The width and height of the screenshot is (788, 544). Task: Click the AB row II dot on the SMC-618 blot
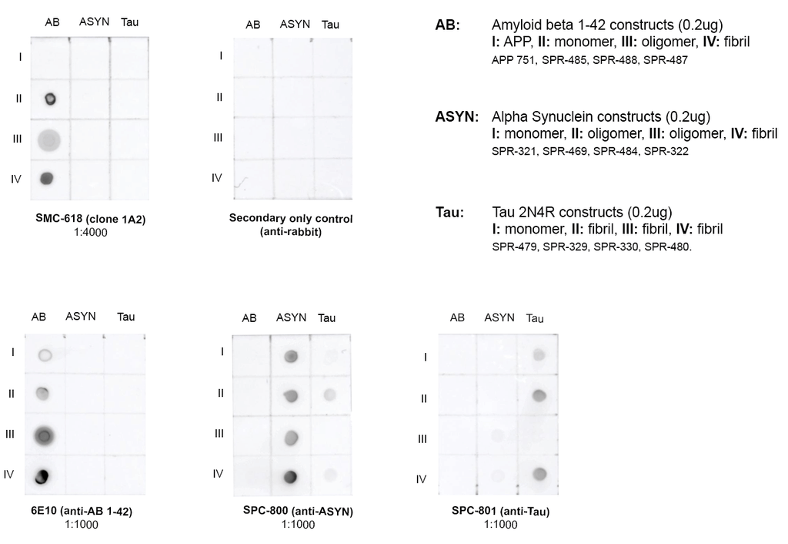[51, 99]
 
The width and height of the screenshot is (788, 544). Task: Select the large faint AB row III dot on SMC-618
[48, 139]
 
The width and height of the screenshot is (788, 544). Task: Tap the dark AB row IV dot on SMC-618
[47, 179]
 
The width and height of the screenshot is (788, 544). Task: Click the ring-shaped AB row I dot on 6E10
[45, 355]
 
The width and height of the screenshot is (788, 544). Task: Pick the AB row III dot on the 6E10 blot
[45, 436]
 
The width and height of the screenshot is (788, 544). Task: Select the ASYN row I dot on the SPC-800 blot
[291, 356]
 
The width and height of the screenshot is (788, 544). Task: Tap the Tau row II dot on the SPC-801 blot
[539, 396]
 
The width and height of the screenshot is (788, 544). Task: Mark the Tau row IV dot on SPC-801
[539, 473]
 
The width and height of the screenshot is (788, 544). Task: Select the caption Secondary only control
[291, 219]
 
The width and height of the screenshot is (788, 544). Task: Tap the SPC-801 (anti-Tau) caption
[495, 511]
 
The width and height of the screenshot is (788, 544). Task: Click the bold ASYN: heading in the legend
[456, 117]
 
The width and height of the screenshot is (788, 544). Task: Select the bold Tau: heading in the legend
[449, 212]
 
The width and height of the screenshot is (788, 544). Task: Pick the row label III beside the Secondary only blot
[218, 138]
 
